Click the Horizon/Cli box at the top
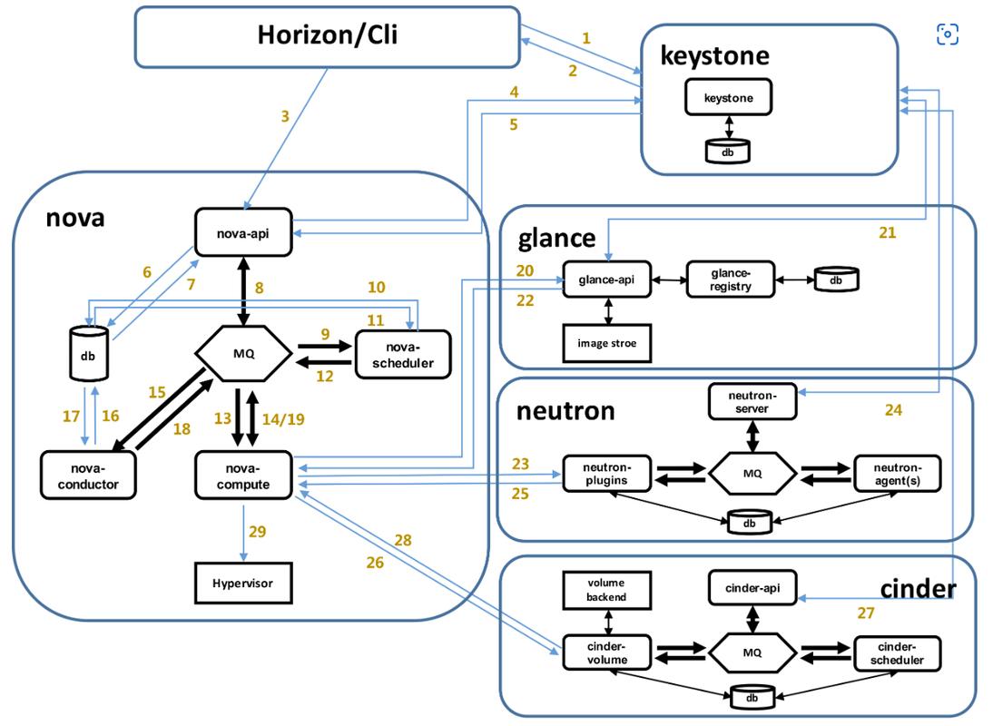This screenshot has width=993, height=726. point(328,36)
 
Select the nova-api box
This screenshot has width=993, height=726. point(243,233)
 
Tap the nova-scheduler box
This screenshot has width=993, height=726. point(403,355)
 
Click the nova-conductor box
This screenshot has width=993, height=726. point(88,476)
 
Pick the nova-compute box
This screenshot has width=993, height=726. point(243,476)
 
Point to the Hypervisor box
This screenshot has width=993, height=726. point(243,583)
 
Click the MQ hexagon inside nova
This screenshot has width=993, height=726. point(244,353)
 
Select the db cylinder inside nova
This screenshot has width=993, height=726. point(89,353)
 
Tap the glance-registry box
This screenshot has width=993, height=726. point(731,280)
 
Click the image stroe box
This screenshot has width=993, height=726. point(606,343)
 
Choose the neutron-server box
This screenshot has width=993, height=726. point(752,401)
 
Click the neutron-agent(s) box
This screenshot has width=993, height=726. point(898,474)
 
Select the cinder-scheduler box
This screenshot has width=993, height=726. point(898,652)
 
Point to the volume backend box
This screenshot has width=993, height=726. point(606,590)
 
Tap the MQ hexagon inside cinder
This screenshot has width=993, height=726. point(752,652)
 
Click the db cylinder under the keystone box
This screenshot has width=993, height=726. point(728,152)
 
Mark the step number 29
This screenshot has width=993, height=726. point(257,531)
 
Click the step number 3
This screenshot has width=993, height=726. point(285,116)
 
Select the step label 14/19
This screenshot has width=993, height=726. point(283,419)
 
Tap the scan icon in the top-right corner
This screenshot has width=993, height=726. point(948,34)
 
